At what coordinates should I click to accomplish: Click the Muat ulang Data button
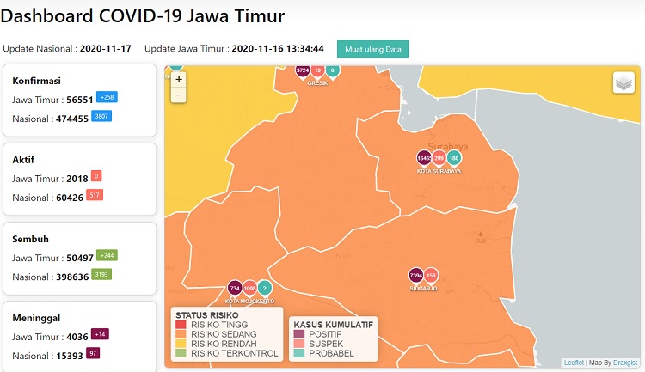(373, 49)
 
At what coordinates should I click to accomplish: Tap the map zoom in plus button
(179, 79)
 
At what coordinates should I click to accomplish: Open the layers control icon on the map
(623, 82)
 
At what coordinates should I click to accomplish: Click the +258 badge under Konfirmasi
(107, 97)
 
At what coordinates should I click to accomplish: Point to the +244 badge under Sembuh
(107, 255)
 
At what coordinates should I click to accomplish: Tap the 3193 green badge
(102, 274)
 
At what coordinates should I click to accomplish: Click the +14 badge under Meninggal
(100, 334)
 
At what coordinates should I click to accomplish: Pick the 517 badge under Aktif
(95, 195)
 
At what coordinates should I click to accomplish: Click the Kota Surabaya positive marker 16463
(424, 158)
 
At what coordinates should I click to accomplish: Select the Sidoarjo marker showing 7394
(415, 275)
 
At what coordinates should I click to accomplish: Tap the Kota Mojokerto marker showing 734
(234, 289)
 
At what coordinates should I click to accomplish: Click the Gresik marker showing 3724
(302, 70)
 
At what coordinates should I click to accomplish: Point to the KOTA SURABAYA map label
(439, 171)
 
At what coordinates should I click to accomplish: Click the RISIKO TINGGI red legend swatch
(180, 325)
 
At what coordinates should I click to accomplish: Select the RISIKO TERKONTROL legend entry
(234, 353)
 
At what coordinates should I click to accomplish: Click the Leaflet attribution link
(574, 363)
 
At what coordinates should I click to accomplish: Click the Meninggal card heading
(36, 317)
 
